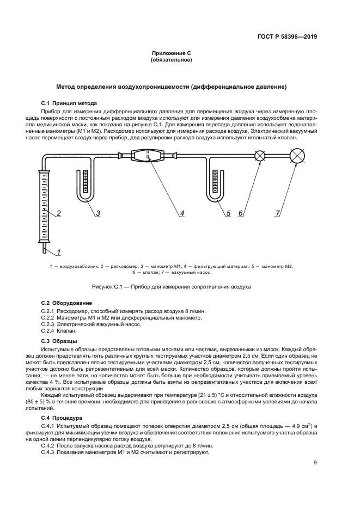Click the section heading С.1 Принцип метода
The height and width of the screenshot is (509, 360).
coord(69,103)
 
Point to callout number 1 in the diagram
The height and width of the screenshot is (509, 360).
coord(58,252)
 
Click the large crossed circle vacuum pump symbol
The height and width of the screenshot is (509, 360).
coord(297,156)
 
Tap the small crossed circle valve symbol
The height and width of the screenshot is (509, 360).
coord(260,156)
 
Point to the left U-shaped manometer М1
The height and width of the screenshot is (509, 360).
coord(85,185)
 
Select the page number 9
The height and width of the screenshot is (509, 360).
coord(315,463)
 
